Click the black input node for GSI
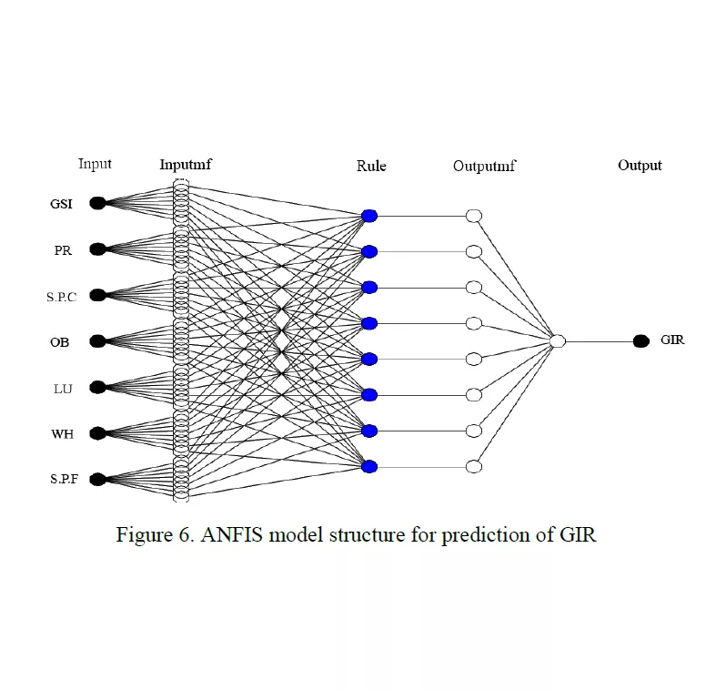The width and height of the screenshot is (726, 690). tap(97, 203)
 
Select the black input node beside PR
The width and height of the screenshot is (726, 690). tap(97, 249)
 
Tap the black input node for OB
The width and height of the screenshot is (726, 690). tap(97, 341)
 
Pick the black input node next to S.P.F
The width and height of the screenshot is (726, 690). tap(97, 478)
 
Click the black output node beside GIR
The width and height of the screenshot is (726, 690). tap(640, 341)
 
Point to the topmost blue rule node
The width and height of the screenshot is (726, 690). tap(368, 216)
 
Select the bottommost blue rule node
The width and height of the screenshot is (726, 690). tap(368, 466)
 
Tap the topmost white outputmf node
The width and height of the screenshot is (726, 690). tap(473, 216)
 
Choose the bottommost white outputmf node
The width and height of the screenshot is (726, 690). tap(473, 466)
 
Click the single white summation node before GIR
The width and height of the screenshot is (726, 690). tap(558, 341)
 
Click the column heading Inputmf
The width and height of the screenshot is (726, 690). tap(186, 165)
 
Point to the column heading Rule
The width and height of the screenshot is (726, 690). tap(371, 166)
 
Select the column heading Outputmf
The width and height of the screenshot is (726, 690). tap(484, 166)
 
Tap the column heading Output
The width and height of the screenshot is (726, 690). tap(640, 166)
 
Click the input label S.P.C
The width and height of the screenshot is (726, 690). tap(62, 296)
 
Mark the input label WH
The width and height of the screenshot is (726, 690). tap(62, 434)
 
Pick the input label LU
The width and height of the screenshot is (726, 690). tap(63, 389)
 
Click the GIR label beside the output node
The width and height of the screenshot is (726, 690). tap(672, 340)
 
